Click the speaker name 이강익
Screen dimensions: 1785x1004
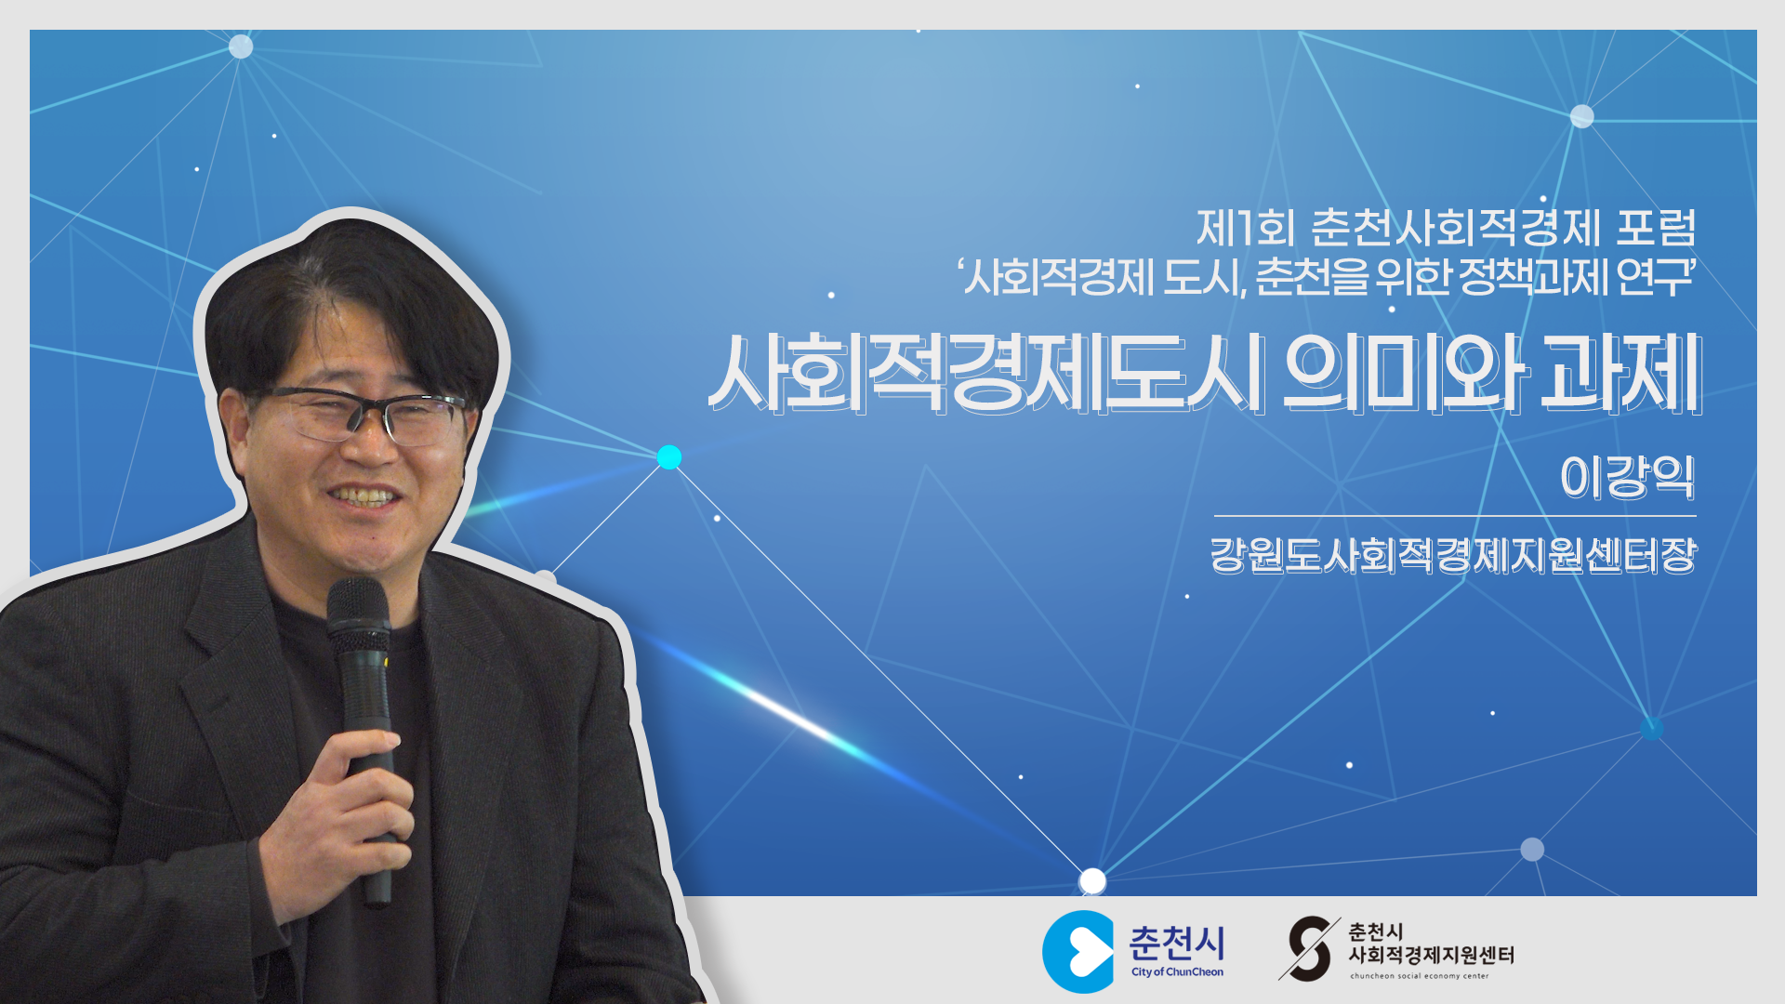point(1627,477)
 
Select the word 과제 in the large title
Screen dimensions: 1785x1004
point(1621,374)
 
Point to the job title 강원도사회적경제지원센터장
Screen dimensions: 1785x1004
point(1453,555)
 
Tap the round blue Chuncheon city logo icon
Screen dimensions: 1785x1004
point(1078,951)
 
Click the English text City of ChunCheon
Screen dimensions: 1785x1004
point(1177,972)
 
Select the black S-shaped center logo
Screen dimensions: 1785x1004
point(1309,948)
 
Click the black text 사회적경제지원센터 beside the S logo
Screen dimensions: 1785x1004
point(1431,955)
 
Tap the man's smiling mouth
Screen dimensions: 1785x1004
point(364,498)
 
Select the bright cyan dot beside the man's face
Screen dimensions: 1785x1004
point(669,457)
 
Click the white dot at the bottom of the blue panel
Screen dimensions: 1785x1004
point(1092,880)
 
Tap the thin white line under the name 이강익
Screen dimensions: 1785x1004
point(1455,515)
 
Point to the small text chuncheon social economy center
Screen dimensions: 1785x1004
point(1420,976)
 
